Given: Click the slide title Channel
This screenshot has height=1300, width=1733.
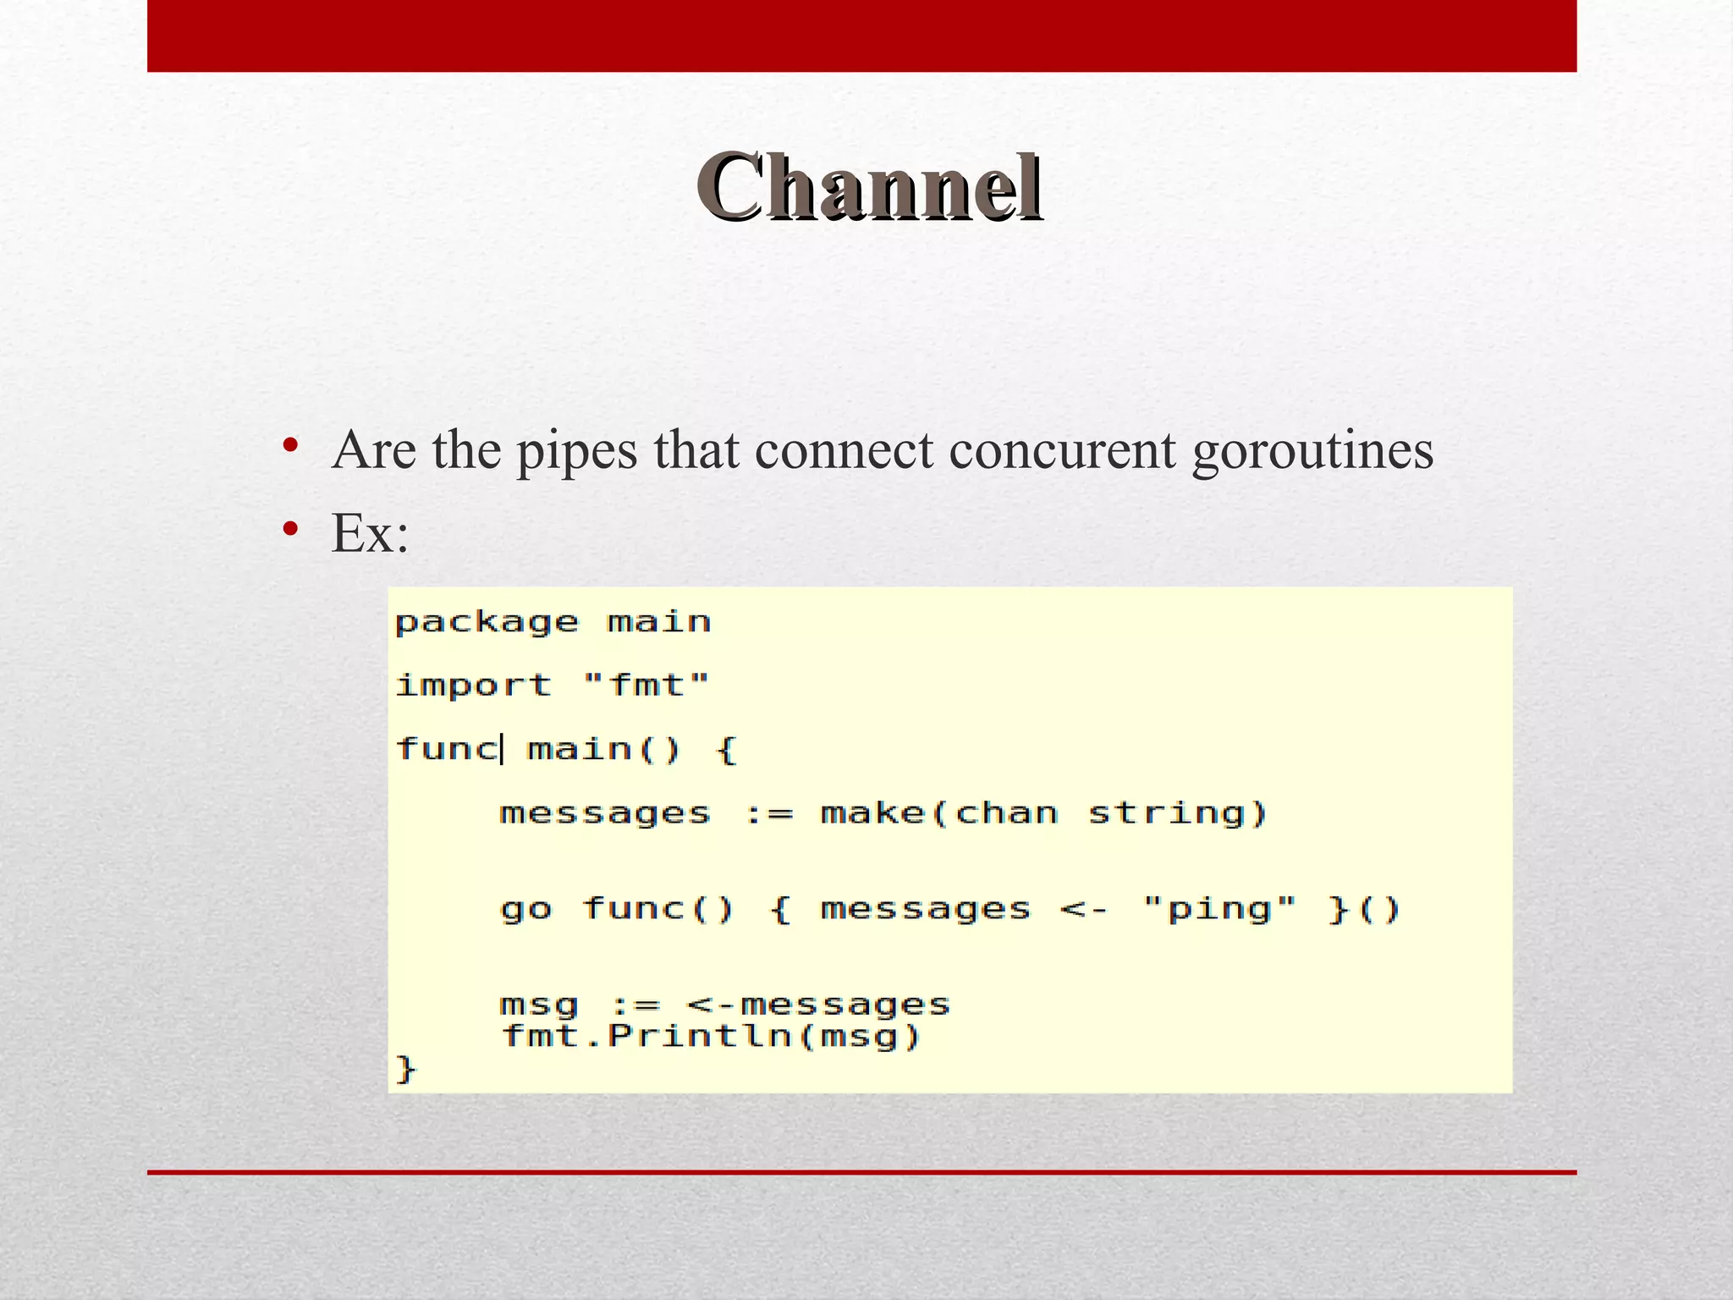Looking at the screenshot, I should [x=869, y=188].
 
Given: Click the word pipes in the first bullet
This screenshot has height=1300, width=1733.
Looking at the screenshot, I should [x=577, y=451].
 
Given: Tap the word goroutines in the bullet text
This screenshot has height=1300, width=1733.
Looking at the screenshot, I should [x=1312, y=451].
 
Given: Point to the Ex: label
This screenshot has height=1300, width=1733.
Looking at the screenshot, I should [x=371, y=534].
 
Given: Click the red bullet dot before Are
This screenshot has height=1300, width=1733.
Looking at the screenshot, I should [x=290, y=445].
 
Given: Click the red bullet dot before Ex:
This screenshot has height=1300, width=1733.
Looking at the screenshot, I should [x=290, y=530].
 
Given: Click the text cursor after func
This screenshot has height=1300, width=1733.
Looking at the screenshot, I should [x=503, y=749].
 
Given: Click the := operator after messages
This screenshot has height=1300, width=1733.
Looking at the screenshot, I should [x=768, y=814].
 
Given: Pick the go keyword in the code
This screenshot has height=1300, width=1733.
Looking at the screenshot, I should [x=525, y=910].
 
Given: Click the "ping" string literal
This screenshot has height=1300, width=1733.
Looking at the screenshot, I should [x=1219, y=910].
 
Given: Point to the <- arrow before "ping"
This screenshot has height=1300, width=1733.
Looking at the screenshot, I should [x=1083, y=911].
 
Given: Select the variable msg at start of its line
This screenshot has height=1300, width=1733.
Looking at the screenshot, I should [x=539, y=1005].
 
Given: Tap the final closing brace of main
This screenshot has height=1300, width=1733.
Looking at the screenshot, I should [x=406, y=1069].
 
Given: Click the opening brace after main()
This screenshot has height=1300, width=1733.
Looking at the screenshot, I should [x=727, y=750].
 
